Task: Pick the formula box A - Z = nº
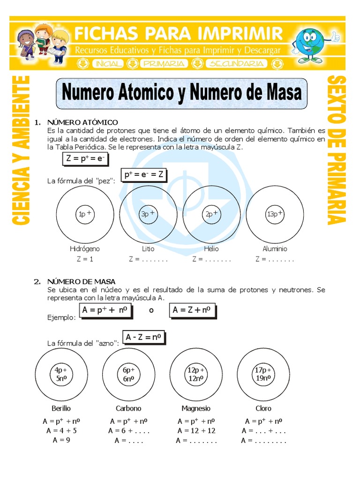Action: click(x=144, y=337)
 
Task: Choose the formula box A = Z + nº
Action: click(x=192, y=310)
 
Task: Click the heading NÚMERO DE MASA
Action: click(x=81, y=281)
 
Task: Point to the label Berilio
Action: click(x=61, y=408)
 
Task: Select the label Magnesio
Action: click(x=196, y=408)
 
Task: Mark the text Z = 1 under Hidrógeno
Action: click(x=85, y=259)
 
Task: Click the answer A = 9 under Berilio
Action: click(x=61, y=440)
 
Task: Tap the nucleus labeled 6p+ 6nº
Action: click(x=128, y=374)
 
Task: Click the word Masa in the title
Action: click(x=281, y=92)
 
